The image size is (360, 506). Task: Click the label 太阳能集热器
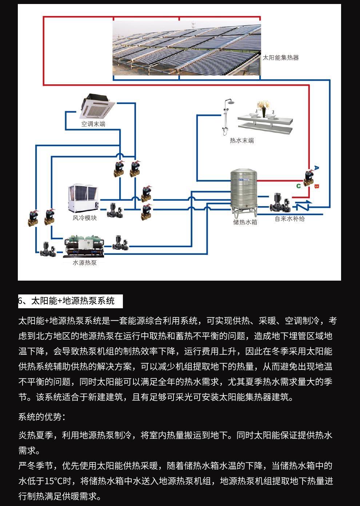tap(281, 58)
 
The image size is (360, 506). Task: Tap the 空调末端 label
tap(93, 124)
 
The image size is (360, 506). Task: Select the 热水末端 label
tap(242, 141)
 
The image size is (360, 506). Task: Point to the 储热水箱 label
tap(245, 222)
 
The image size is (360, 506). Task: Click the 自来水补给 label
tap(290, 219)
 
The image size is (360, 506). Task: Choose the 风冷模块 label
tap(85, 218)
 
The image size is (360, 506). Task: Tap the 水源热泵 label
tap(85, 263)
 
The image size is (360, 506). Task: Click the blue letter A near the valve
tap(316, 168)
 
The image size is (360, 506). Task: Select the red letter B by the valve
tap(316, 186)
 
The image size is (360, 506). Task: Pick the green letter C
tap(299, 186)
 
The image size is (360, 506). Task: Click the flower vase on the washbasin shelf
tap(264, 108)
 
